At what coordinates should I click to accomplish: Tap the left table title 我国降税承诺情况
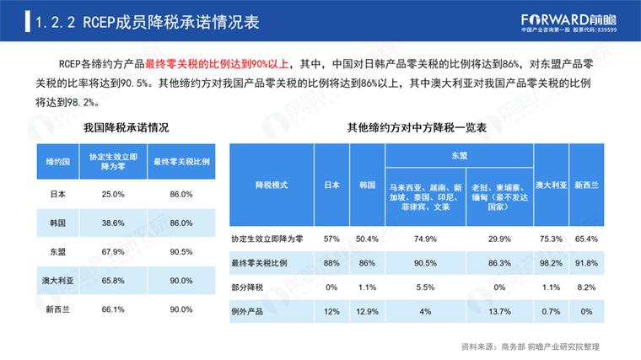coord(127,127)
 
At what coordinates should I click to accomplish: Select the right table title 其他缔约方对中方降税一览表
coord(417,127)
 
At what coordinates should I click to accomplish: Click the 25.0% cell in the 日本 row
coord(114,194)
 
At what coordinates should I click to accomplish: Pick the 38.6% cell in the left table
coord(114,223)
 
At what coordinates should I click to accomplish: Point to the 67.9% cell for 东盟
coord(114,251)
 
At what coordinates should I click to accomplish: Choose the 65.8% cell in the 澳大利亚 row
coord(114,280)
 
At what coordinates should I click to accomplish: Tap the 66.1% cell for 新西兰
coord(114,309)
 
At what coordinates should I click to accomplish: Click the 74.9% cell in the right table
coord(425,239)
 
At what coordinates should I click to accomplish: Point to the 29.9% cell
coord(500,239)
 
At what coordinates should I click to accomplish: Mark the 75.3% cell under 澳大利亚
coord(551,239)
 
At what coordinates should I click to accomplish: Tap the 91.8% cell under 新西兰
coord(586,264)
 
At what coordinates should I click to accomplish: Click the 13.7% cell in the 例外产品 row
coord(500,312)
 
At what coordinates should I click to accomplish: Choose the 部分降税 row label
coord(248,287)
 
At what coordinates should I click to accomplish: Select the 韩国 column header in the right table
coord(366,184)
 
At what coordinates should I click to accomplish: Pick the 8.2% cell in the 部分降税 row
coord(586,287)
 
